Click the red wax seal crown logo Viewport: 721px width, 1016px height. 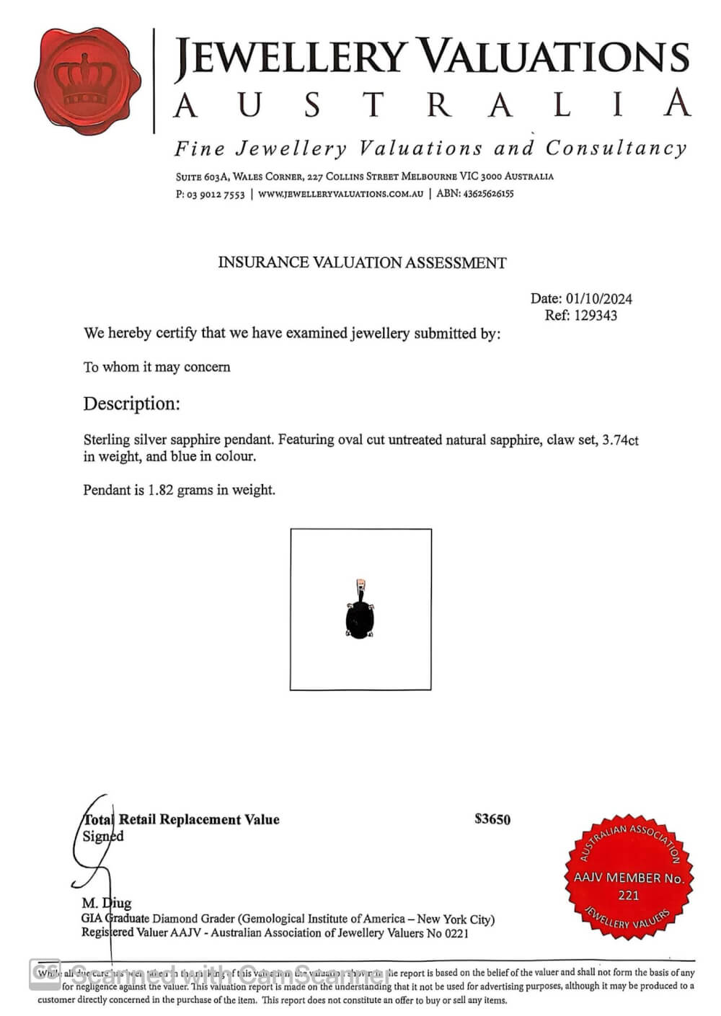coord(88,81)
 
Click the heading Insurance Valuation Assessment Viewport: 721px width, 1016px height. coord(362,263)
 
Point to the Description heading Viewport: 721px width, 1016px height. coord(131,404)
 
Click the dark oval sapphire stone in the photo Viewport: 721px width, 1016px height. coord(360,619)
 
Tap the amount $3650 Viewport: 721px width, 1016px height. coord(492,819)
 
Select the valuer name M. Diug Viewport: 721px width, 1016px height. coord(107,903)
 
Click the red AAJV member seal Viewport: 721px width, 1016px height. coord(629,876)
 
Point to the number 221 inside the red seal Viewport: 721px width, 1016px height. coord(629,896)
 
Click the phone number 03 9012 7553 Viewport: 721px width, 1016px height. coord(216,195)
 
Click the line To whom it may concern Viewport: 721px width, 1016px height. coord(156,367)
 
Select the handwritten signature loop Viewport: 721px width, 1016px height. coord(90,843)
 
